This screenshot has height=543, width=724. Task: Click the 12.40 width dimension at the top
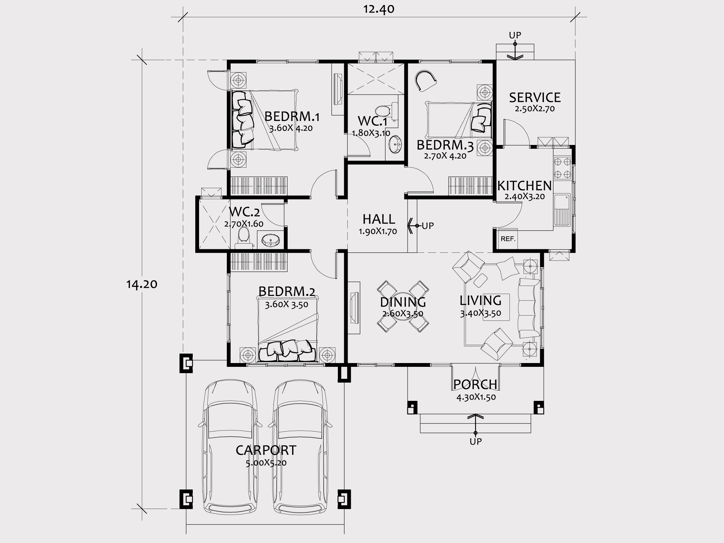(x=379, y=9)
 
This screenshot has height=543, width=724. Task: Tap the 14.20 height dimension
(x=142, y=284)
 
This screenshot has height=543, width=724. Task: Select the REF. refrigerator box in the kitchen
(x=508, y=239)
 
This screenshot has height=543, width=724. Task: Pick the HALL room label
(x=379, y=219)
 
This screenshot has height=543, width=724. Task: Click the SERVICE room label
(x=535, y=98)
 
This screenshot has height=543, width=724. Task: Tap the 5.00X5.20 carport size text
(x=266, y=463)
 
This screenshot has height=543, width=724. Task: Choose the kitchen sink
(x=562, y=210)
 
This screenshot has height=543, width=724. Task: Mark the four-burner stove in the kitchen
(x=562, y=168)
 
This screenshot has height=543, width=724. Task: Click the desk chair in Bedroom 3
(x=426, y=80)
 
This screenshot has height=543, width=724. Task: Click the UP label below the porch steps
(x=476, y=442)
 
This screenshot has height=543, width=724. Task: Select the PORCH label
(x=475, y=385)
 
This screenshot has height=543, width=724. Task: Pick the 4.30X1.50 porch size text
(x=476, y=397)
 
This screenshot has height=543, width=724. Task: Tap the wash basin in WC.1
(x=395, y=144)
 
